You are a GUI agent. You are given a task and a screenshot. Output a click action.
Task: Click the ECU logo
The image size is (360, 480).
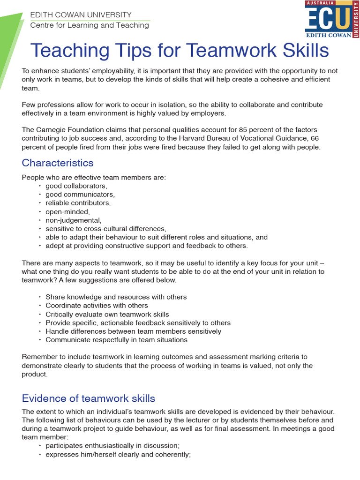(332, 19)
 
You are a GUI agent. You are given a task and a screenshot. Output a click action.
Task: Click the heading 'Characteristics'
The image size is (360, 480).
(58, 163)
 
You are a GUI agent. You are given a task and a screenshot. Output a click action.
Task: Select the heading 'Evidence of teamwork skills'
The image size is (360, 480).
(89, 398)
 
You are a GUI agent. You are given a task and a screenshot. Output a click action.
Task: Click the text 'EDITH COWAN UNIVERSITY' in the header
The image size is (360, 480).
(81, 15)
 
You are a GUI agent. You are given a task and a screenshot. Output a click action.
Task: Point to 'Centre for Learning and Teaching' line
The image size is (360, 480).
(90, 25)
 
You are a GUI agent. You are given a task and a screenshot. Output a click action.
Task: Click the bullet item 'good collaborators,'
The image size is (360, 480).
(76, 186)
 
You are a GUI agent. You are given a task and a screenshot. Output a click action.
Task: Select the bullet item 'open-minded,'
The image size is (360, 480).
(67, 211)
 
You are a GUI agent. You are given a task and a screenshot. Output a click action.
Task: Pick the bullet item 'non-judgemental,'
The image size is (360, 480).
(73, 220)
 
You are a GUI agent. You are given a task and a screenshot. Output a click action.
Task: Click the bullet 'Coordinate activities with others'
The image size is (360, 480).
(97, 306)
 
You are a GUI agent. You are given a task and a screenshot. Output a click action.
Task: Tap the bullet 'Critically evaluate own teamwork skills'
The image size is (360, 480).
(107, 314)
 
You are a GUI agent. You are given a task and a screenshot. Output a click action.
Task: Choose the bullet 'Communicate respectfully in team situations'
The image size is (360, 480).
(116, 339)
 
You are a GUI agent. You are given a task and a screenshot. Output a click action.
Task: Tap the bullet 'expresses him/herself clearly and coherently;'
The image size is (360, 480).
(118, 454)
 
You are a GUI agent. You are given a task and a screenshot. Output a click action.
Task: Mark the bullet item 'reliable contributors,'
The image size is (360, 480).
(78, 203)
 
